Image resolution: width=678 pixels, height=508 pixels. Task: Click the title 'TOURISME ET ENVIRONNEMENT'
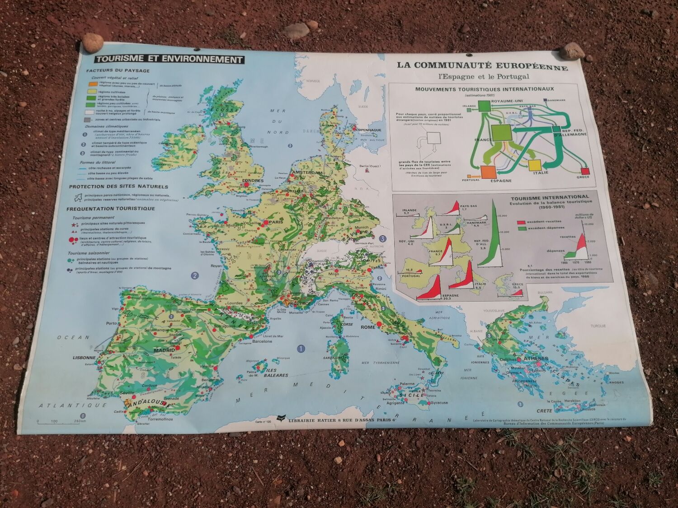pos(168,59)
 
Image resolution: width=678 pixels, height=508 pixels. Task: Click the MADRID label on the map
pos(164,350)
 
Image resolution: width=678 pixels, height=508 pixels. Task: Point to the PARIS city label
pos(273,222)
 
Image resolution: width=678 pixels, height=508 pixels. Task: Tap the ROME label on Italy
pos(368,327)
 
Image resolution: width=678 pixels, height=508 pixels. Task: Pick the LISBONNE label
pos(85,358)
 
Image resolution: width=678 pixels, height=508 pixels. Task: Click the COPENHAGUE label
pos(369,130)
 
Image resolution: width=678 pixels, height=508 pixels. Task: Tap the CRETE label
pos(544,411)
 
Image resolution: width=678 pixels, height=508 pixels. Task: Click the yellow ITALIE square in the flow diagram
pos(534,165)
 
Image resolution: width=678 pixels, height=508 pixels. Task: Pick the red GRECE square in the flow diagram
pos(586,172)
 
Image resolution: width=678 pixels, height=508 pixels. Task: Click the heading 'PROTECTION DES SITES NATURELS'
pos(118,186)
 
